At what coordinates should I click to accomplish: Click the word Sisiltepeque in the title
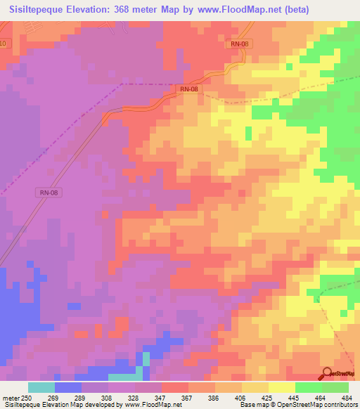40,10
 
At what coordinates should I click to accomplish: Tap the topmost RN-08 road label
240,44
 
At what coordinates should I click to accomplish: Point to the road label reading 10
4,44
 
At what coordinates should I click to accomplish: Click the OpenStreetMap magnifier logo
328,374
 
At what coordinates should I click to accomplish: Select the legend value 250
26,398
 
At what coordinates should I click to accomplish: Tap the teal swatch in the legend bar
41,387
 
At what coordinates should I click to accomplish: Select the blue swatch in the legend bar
68,387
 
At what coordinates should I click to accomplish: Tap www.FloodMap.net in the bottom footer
150,405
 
